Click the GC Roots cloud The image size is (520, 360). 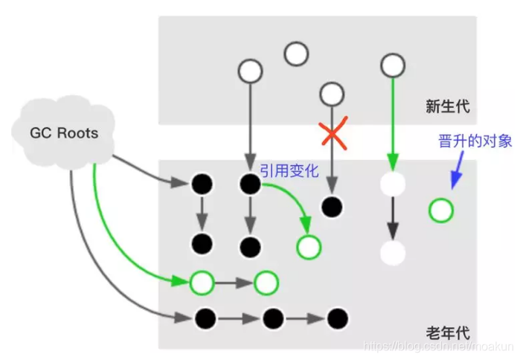coord(63,133)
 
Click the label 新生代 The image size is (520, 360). coord(447,107)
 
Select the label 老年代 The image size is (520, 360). coord(447,332)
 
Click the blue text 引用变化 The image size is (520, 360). coord(289,171)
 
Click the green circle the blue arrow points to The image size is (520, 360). coord(440,210)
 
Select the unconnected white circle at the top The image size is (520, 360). coord(296,54)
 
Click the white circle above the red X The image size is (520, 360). coord(331,94)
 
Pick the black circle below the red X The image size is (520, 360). coord(331,207)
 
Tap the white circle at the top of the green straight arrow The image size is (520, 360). coord(392,65)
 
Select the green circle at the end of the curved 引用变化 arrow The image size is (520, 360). coord(307,247)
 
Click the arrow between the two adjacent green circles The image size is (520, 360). coord(234,283)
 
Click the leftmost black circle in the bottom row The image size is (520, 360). coord(205,319)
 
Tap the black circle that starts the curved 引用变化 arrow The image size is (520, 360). coord(250,183)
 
